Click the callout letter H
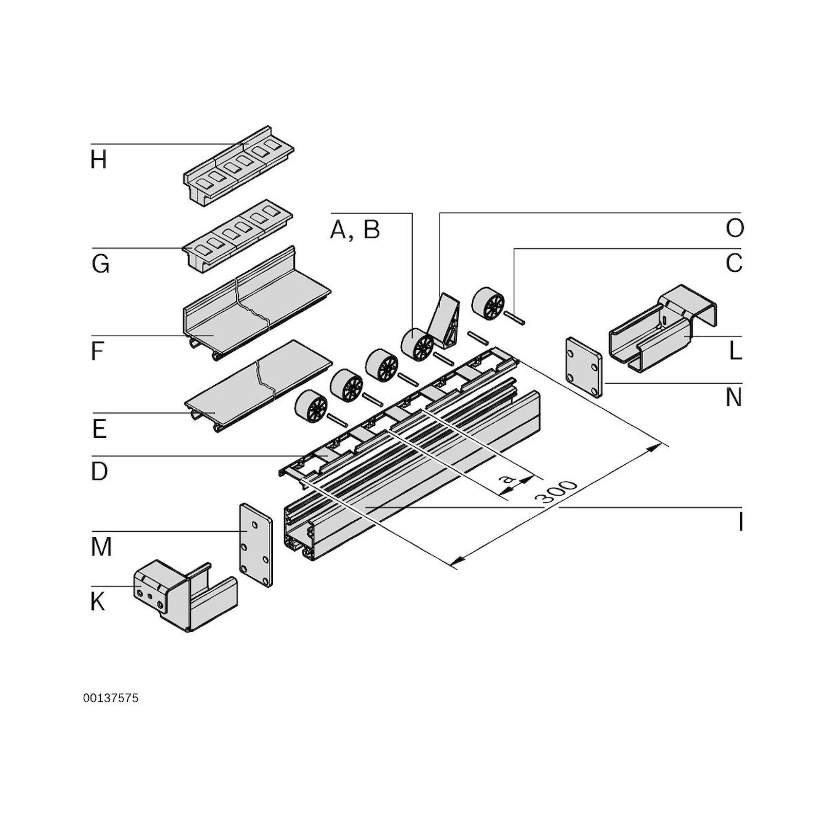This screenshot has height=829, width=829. (98, 160)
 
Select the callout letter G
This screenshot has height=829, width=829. (100, 264)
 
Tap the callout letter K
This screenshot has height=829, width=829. (98, 601)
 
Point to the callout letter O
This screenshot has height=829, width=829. (734, 228)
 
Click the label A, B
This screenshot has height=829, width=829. (355, 230)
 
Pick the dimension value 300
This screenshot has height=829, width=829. (557, 492)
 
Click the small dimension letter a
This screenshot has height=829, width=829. (508, 479)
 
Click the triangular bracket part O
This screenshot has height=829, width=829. (446, 320)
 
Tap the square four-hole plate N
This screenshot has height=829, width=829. (583, 368)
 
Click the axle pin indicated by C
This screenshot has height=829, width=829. (514, 319)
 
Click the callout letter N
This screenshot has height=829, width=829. (733, 397)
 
